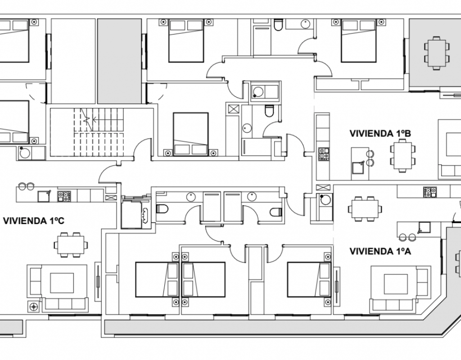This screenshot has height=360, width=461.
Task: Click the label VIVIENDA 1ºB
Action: click(380, 133)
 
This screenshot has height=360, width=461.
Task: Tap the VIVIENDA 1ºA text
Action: click(380, 251)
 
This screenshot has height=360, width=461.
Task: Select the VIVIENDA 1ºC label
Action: click(33, 220)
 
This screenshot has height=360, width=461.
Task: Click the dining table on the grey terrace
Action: click(437, 53)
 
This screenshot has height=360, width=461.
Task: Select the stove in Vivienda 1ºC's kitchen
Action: click(64, 196)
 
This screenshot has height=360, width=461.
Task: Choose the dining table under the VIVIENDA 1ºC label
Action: click(71, 245)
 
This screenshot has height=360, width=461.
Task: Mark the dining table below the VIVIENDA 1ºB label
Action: click(403, 155)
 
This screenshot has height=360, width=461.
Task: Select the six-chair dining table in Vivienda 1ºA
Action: click(365, 209)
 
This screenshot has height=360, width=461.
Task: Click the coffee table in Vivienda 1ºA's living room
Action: click(396, 284)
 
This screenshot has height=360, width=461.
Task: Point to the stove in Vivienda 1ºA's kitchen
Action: click(430, 192)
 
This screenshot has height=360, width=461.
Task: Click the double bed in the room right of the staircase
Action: click(190, 134)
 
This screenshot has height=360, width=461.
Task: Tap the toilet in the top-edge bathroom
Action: click(278, 25)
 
